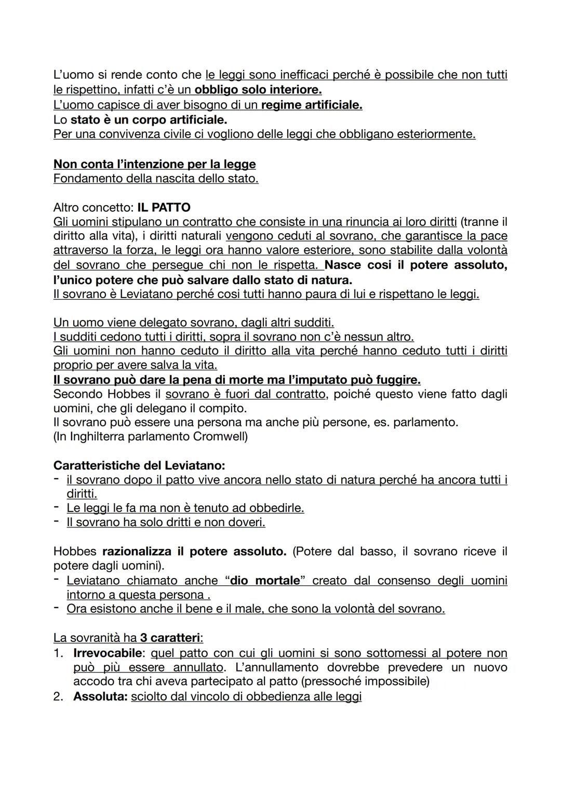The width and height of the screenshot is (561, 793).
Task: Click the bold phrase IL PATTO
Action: pyautogui.click(x=164, y=208)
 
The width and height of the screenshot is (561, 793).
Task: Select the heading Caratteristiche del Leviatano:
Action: pyautogui.click(x=139, y=465)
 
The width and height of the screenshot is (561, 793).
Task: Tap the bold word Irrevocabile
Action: pyautogui.click(x=108, y=653)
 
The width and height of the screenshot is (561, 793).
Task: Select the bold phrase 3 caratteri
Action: pyautogui.click(x=171, y=638)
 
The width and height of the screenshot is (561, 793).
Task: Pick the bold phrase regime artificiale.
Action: pyautogui.click(x=311, y=105)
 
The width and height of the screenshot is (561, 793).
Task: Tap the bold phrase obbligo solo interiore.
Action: pyautogui.click(x=258, y=90)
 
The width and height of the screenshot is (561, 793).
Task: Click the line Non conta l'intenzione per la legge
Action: pyautogui.click(x=154, y=164)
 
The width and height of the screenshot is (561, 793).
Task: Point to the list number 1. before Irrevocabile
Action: pyautogui.click(x=59, y=653)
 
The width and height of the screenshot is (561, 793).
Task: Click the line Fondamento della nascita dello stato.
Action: pyautogui.click(x=156, y=179)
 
